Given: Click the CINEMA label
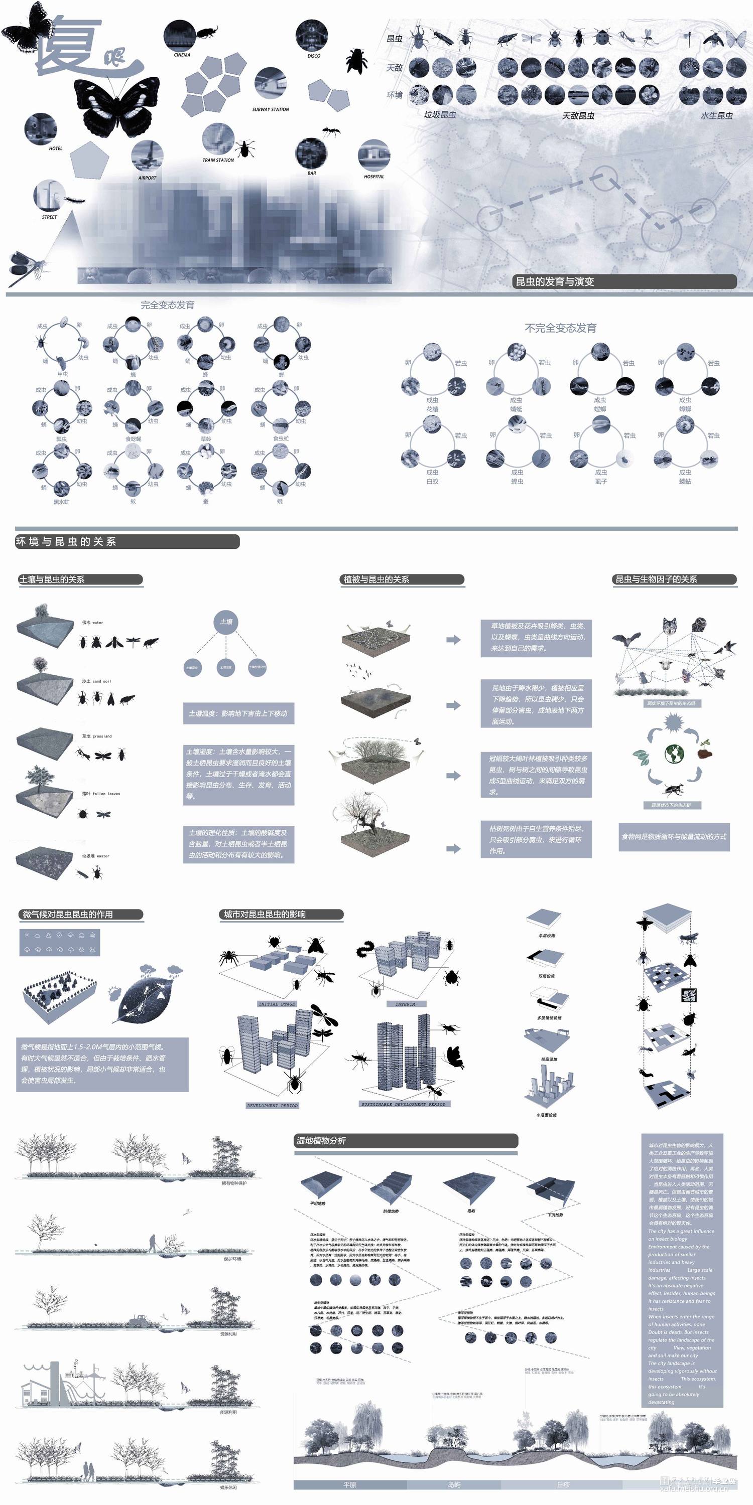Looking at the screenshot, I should pyautogui.click(x=182, y=55).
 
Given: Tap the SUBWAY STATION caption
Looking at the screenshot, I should pyautogui.click(x=270, y=109).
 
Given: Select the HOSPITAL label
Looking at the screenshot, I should pyautogui.click(x=373, y=177).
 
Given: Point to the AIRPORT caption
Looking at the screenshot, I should pyautogui.click(x=147, y=178).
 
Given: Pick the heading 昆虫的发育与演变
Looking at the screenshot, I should pyautogui.click(x=554, y=281).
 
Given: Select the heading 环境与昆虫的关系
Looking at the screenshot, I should pyautogui.click(x=65, y=542).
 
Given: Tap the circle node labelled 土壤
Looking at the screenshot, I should pyautogui.click(x=226, y=622).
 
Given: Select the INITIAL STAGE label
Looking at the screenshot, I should pyautogui.click(x=277, y=1004).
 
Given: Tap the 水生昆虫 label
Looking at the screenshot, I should pyautogui.click(x=716, y=116).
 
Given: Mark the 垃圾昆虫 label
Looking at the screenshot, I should pyautogui.click(x=440, y=114).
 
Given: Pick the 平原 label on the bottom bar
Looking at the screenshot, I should pyautogui.click(x=349, y=1484).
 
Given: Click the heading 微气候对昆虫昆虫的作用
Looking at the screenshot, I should pyautogui.click(x=68, y=915).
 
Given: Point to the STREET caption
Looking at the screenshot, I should pyautogui.click(x=49, y=217).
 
